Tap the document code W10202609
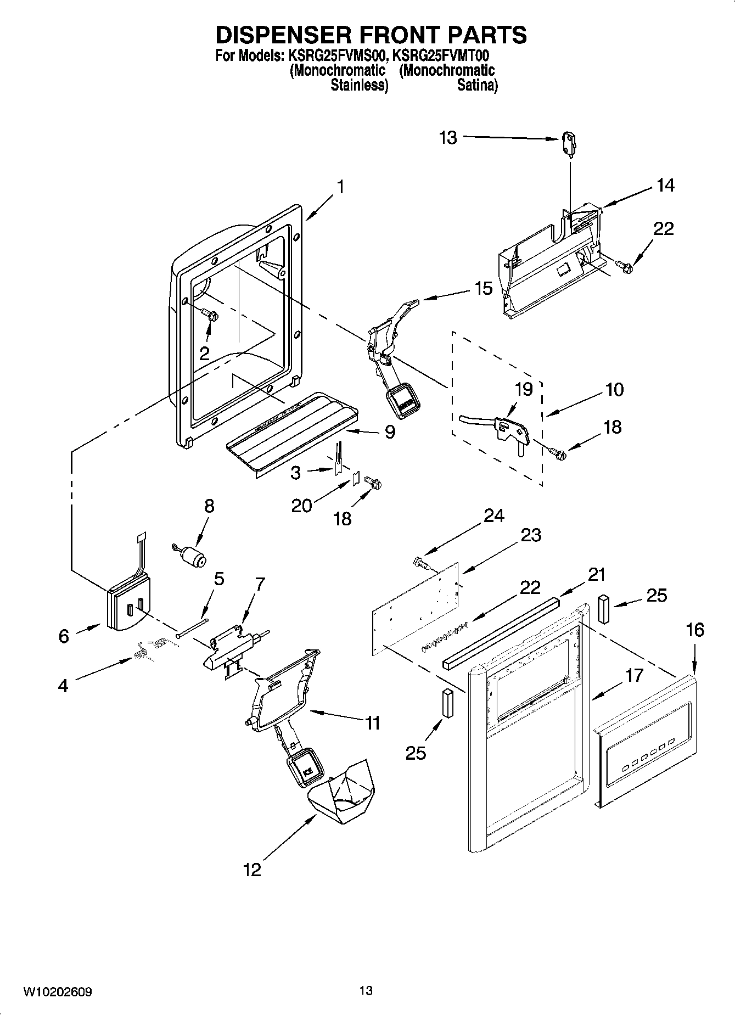coord(57,992)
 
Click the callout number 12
coord(253,870)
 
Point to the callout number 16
coord(695,630)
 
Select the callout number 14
coord(665,186)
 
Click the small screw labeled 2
coord(211,316)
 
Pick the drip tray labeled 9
coord(291,425)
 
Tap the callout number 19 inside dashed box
coord(524,389)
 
